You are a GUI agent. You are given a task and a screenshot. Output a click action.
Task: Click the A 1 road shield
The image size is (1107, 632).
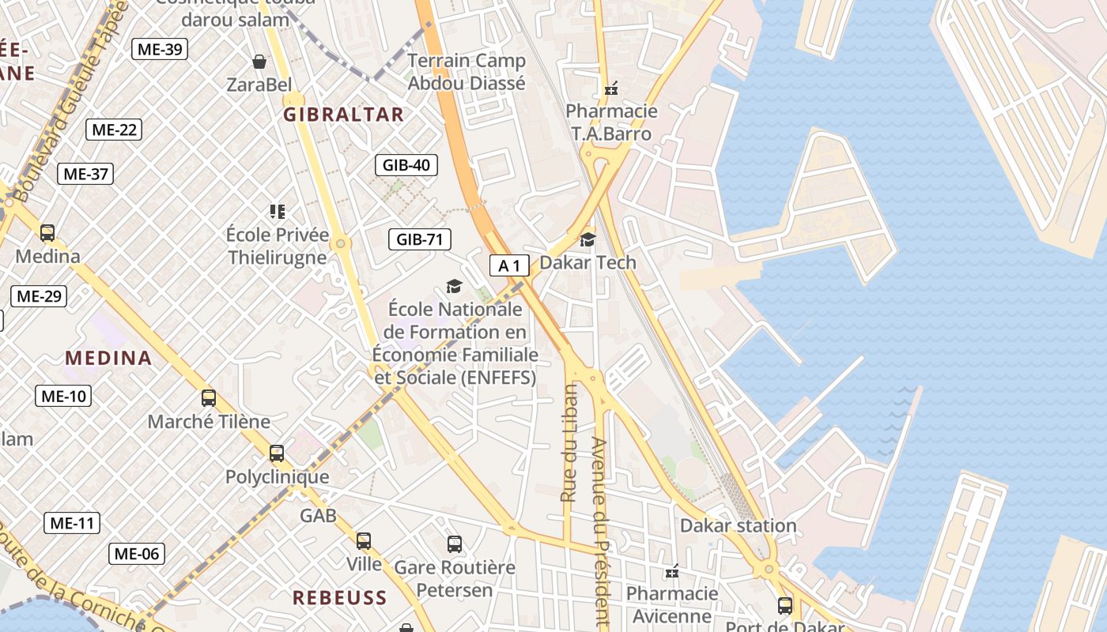[509, 265]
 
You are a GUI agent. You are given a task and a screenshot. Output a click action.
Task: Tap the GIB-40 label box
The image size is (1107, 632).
[406, 165]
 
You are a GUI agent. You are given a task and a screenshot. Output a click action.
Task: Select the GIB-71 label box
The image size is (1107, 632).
[419, 239]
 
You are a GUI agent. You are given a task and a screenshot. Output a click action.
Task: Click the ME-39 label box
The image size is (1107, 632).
[160, 49]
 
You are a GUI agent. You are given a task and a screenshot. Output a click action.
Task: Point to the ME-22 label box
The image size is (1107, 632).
[114, 130]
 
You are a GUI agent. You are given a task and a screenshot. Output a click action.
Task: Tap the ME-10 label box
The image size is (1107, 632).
[63, 396]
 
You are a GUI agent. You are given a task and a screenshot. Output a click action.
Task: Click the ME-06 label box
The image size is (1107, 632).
[137, 554]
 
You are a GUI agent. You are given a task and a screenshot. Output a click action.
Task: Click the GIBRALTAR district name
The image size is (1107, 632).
[343, 115]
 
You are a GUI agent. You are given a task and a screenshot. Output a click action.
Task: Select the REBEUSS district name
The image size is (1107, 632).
[340, 597]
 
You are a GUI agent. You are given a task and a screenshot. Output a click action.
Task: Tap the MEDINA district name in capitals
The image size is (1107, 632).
[108, 358]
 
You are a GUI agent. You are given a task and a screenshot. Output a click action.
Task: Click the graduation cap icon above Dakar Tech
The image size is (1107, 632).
[588, 239]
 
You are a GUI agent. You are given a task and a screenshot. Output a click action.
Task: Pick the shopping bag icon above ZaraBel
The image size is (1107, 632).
[259, 62]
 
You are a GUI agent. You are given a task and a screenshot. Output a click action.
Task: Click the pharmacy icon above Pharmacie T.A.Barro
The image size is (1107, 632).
[610, 88]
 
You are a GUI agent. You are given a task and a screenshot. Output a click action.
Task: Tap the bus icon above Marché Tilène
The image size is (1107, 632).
[209, 398]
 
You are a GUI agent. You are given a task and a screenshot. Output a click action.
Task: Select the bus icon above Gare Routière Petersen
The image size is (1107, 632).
[455, 544]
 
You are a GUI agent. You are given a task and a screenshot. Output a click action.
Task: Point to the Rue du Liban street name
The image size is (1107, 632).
[569, 442]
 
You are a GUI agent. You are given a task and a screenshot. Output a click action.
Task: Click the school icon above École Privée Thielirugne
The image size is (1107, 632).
[277, 212]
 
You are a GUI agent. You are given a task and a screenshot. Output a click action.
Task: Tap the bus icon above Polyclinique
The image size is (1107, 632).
[277, 453]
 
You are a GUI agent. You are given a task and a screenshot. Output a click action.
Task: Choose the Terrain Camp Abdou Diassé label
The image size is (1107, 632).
[467, 72]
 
